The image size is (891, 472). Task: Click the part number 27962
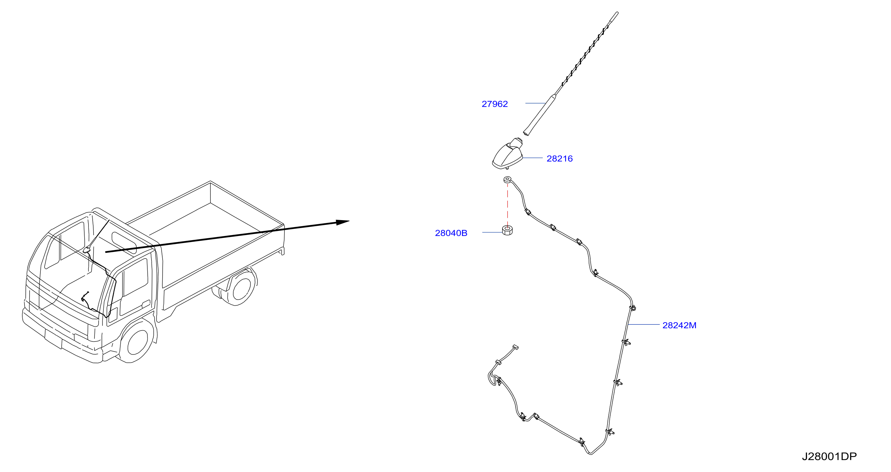click(x=495, y=104)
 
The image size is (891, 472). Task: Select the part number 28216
click(x=559, y=158)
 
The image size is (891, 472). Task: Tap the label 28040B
click(x=451, y=233)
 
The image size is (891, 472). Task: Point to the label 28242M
click(x=679, y=325)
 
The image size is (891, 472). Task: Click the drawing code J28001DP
click(x=829, y=456)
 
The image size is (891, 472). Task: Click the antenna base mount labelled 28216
click(x=508, y=155)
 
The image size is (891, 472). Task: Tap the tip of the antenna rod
click(x=617, y=13)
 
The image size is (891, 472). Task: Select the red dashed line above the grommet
click(x=508, y=204)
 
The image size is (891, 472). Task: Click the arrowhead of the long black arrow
click(x=343, y=222)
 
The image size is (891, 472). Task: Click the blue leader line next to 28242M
click(x=644, y=324)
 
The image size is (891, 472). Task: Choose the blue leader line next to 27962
click(x=536, y=103)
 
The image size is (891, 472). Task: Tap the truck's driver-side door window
click(x=135, y=277)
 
